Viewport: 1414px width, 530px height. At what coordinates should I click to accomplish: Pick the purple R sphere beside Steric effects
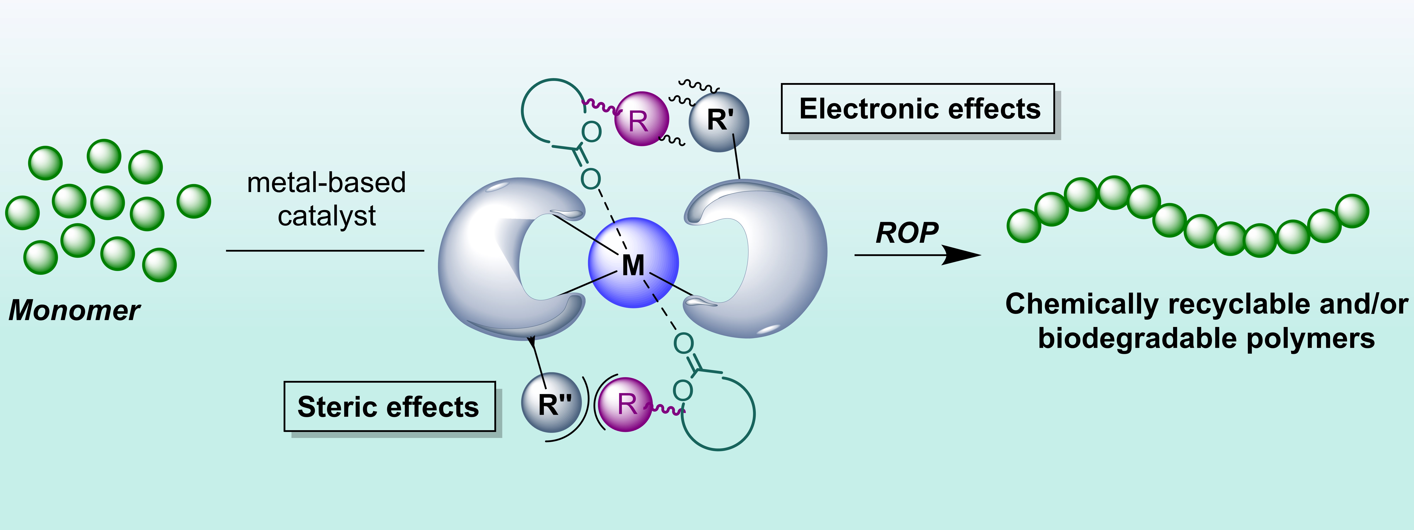click(625, 404)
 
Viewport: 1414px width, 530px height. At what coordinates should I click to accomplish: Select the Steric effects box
click(389, 407)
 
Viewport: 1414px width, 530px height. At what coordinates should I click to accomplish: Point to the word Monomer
click(75, 311)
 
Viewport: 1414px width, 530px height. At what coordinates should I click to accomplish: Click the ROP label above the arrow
click(907, 233)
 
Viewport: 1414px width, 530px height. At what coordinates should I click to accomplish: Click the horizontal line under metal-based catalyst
click(325, 251)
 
